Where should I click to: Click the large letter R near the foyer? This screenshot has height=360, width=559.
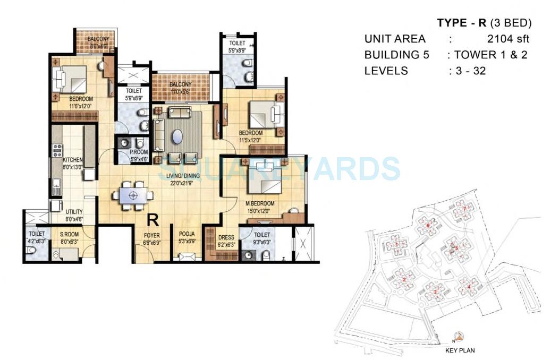[x=153, y=219]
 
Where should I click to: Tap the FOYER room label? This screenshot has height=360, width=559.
[x=151, y=235]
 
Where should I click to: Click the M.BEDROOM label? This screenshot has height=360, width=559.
[x=259, y=204]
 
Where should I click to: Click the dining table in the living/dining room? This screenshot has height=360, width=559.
[x=133, y=195]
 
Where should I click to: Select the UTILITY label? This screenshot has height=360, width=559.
[x=74, y=212]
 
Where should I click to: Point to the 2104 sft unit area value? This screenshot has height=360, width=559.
[x=508, y=39]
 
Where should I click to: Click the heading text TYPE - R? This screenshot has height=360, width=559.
[x=462, y=23]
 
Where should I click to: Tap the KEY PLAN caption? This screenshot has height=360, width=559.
[x=460, y=350]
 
